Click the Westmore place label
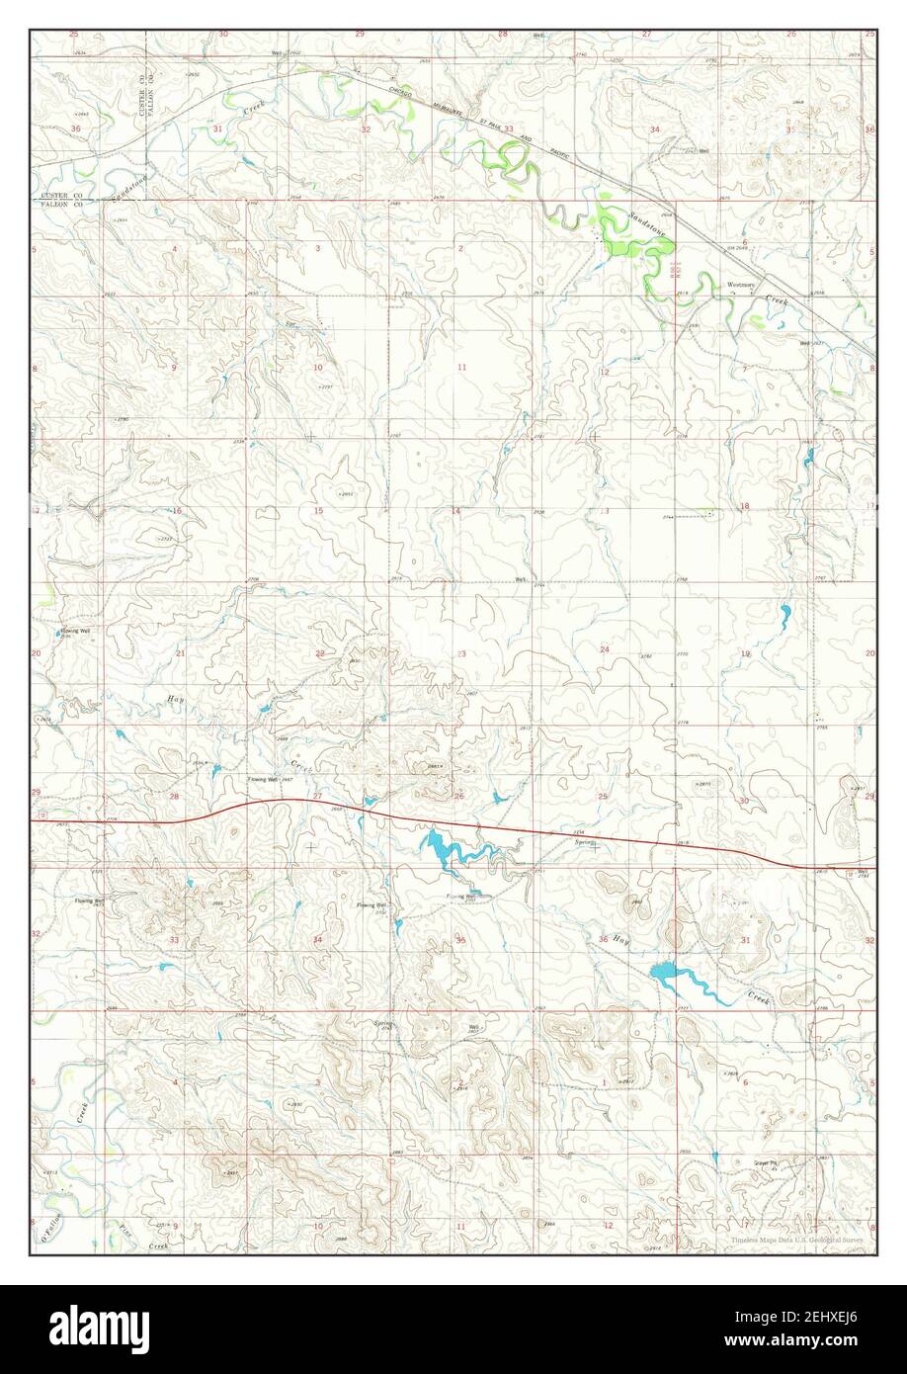coord(741,285)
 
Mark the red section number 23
coord(461,653)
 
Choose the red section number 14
coord(456,511)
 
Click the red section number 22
coord(319,653)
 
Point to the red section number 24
coord(604,649)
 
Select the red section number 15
coord(317,511)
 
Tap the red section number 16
coord(177,511)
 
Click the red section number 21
coord(180,653)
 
